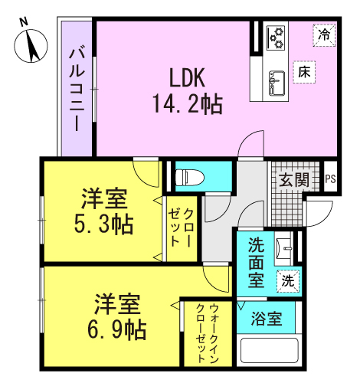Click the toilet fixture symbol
[x=190, y=177]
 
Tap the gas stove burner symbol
[x=276, y=38]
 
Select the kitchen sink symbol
[x=277, y=83]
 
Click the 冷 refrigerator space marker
[x=324, y=35]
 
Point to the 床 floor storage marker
[x=304, y=72]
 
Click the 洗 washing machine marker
[x=288, y=281]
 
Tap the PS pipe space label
[x=330, y=179]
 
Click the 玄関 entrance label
[x=294, y=180]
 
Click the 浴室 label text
[x=267, y=319]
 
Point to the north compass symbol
[x=31, y=46]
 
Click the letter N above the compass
[x=25, y=22]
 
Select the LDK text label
[x=187, y=77]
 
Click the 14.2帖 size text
[x=188, y=104]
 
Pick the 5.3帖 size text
[x=103, y=224]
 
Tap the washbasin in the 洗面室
[x=283, y=248]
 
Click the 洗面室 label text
[x=256, y=263]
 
